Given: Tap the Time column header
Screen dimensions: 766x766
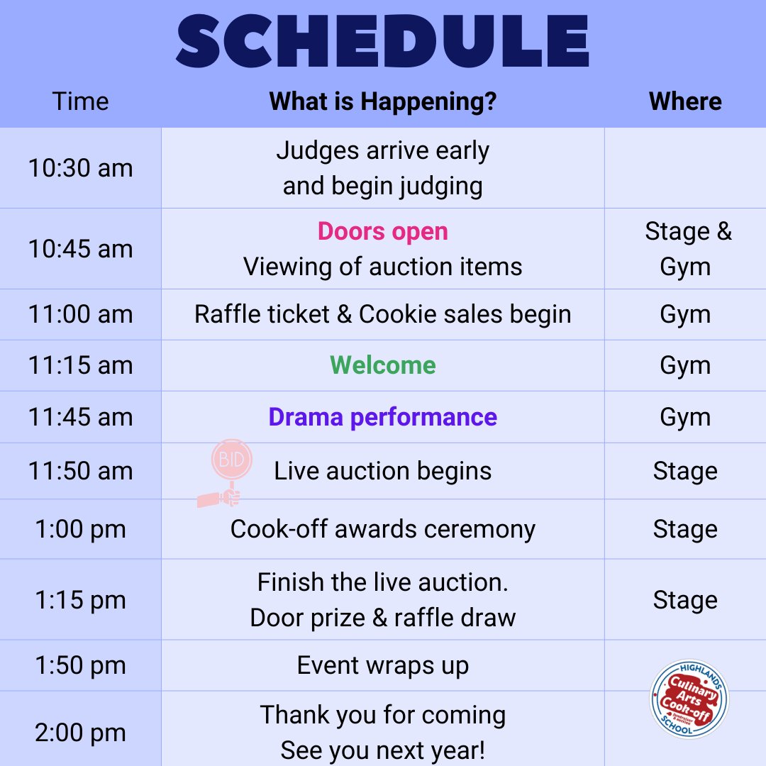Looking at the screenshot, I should [80, 101].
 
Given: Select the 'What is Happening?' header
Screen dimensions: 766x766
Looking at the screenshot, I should [383, 101].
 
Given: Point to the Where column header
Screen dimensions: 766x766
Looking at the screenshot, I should [685, 101].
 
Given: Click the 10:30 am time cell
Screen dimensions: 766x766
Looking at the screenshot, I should [80, 168].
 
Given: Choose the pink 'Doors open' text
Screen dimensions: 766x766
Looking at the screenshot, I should [383, 231].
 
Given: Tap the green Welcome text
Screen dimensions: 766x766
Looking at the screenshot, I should [383, 365].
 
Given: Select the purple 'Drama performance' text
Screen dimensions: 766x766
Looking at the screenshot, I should [383, 417].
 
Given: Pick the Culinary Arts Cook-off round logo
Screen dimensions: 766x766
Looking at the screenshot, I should [689, 699].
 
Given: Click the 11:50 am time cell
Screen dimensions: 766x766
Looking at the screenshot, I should [80, 471].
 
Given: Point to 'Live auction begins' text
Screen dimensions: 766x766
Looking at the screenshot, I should [383, 471].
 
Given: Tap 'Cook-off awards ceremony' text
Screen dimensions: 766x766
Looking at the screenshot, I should [383, 529].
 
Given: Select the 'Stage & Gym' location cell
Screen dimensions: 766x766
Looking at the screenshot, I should [685, 249].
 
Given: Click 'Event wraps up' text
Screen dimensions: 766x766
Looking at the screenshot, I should [383, 665].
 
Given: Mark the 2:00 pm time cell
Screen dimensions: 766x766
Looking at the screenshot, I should [80, 733].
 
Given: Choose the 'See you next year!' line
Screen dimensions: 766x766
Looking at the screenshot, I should [383, 750].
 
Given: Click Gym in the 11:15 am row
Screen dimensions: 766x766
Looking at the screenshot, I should [685, 365].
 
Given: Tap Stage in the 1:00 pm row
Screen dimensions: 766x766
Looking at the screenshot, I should [685, 529].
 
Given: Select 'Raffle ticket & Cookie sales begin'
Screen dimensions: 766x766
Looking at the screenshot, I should [383, 314].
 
